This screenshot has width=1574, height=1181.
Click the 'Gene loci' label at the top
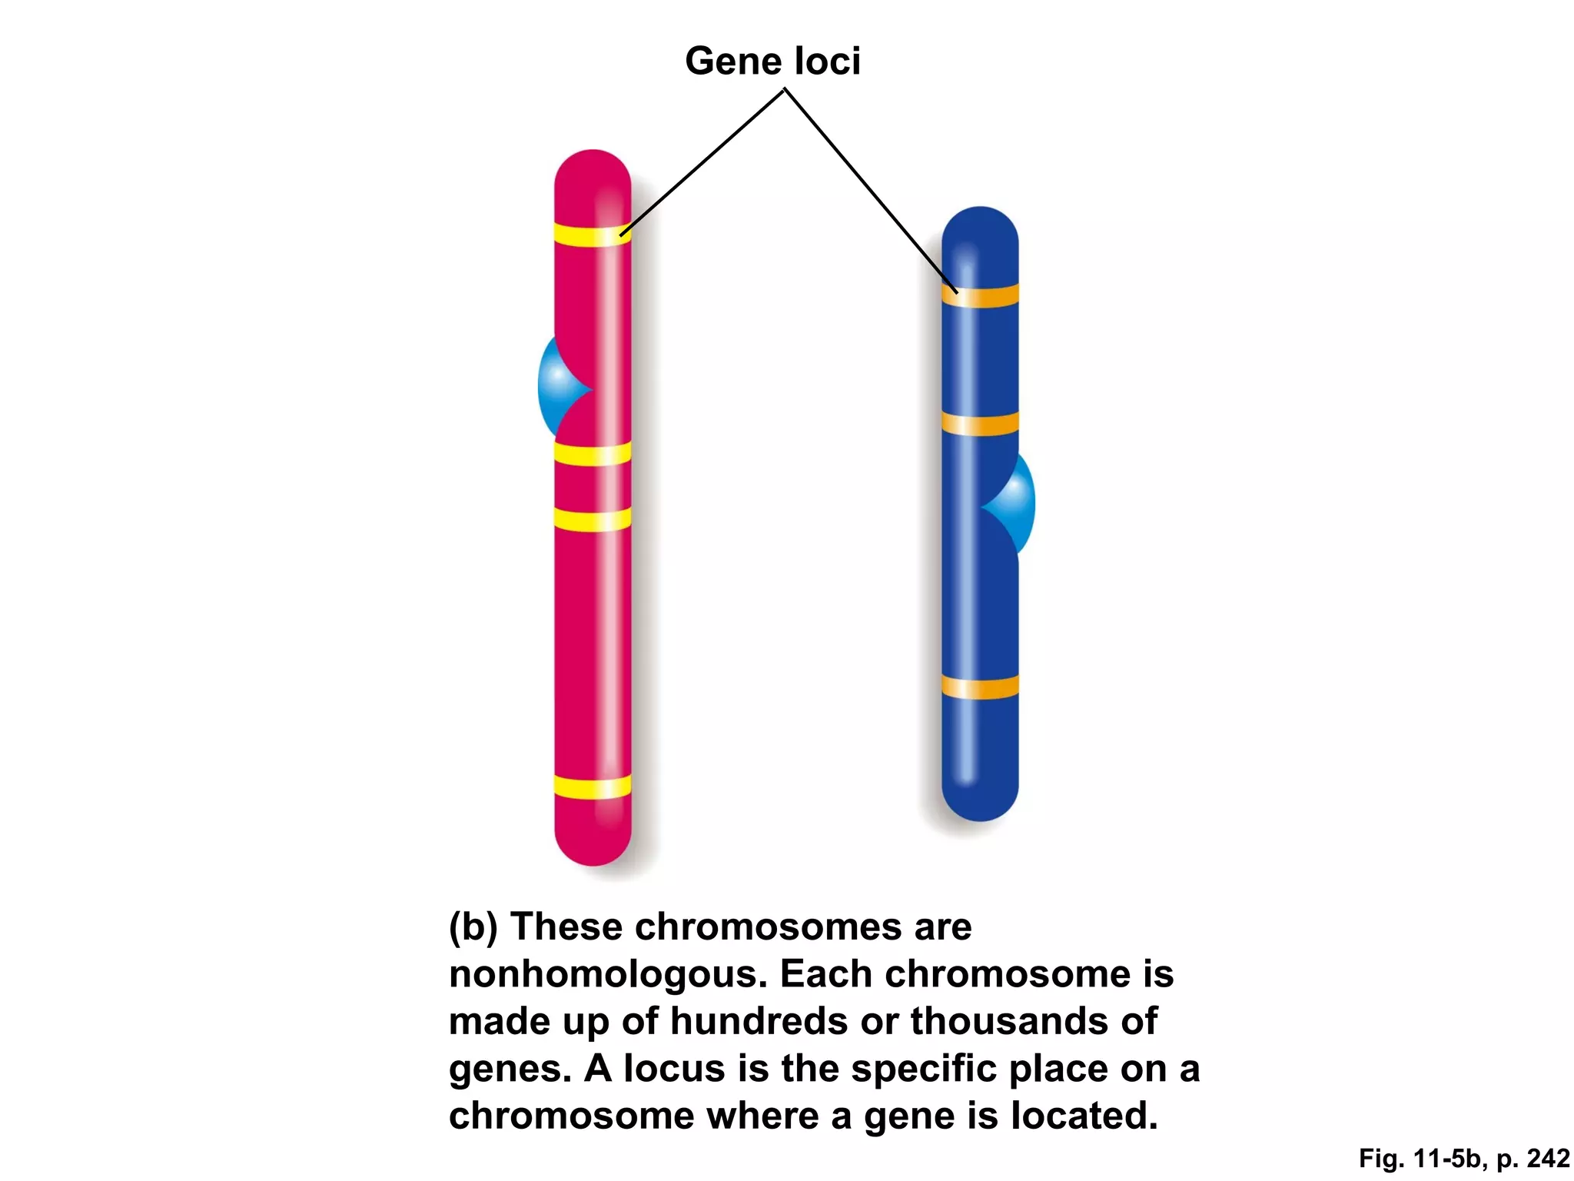pyautogui.click(x=772, y=61)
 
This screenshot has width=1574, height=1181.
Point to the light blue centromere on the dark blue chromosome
pyautogui.click(x=1016, y=504)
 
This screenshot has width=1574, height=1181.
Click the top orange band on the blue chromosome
pyautogui.click(x=980, y=296)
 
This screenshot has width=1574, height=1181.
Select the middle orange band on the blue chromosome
pyautogui.click(x=980, y=424)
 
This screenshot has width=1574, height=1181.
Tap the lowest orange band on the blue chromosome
pyautogui.click(x=980, y=687)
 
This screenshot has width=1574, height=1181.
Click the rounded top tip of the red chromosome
pyautogui.click(x=593, y=165)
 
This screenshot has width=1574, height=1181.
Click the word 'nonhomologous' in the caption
pyautogui.click(x=607, y=974)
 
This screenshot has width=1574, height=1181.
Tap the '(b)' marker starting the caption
pyautogui.click(x=473, y=927)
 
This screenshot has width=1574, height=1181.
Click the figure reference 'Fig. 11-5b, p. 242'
pyautogui.click(x=1463, y=1158)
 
